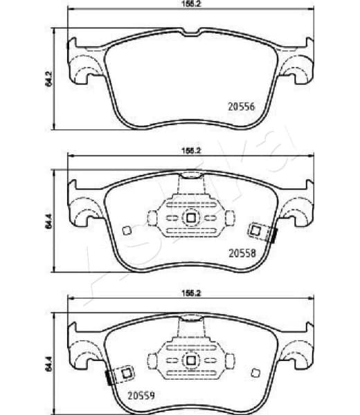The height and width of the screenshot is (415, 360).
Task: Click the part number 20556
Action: click(242, 107)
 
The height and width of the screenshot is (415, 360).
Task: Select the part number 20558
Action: click(242, 253)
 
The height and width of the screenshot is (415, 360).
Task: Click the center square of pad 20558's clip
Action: click(191, 219)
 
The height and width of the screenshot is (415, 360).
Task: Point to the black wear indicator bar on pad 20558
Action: click(274, 234)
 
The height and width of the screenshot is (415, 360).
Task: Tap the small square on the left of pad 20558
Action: click(125, 231)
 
